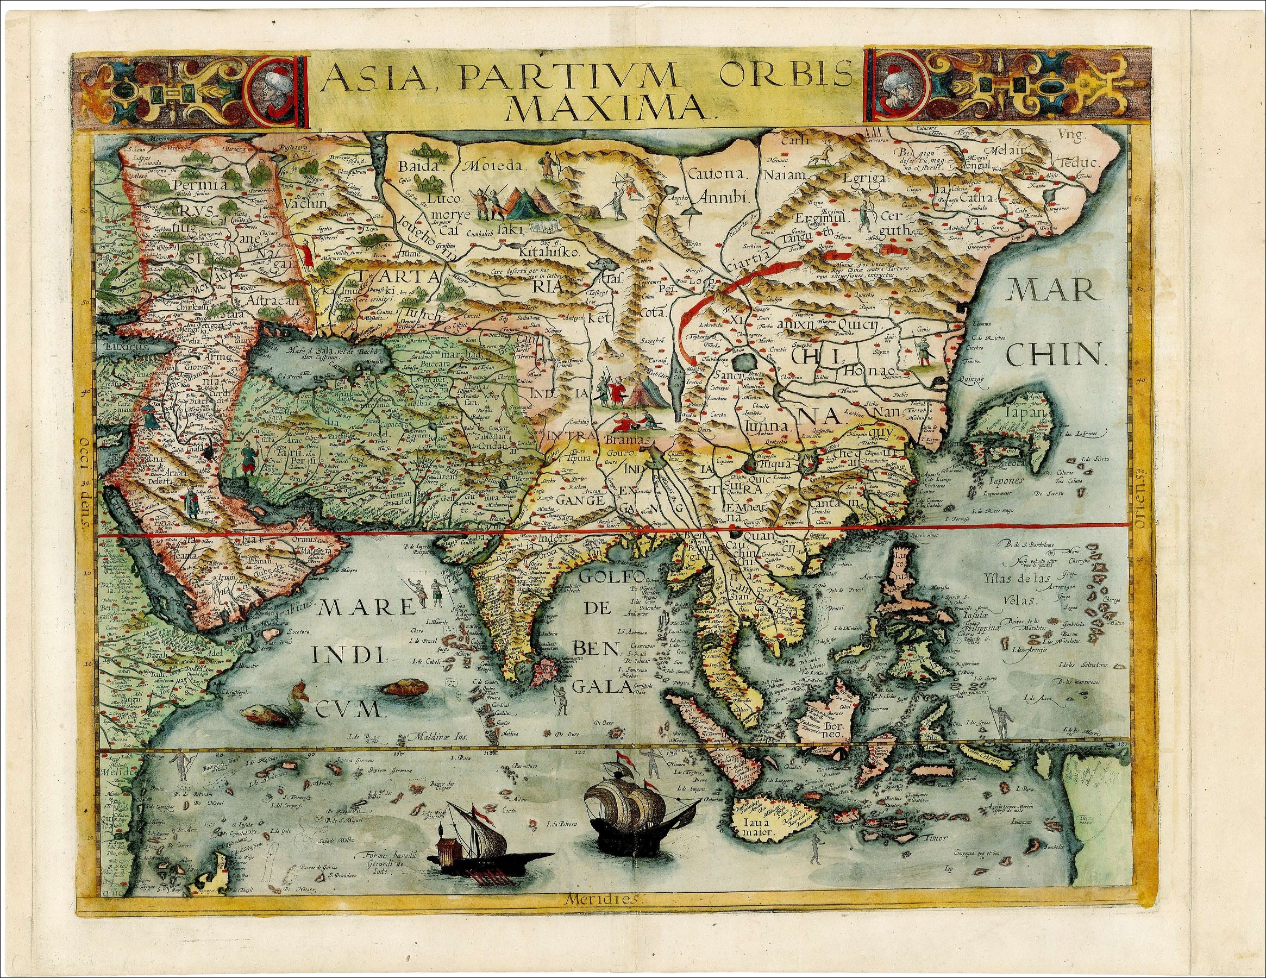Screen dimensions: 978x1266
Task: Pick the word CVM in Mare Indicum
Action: click(347, 708)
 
